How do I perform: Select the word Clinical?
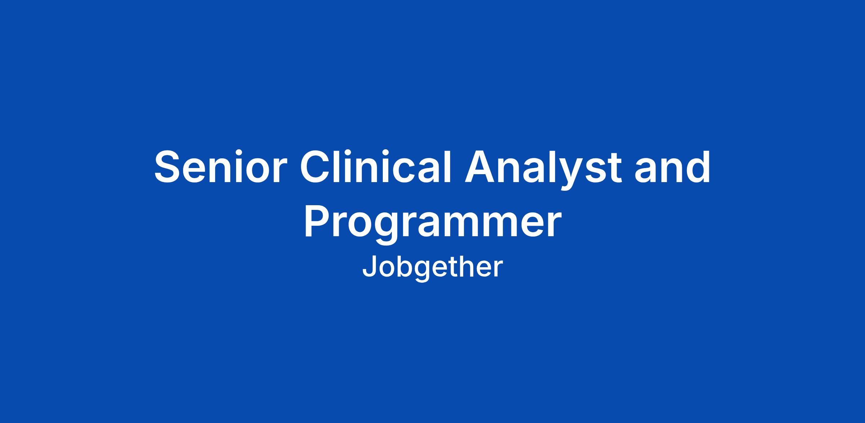click(376, 167)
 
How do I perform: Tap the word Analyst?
click(543, 169)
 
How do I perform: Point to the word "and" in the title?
click(673, 167)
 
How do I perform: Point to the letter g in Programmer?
click(391, 229)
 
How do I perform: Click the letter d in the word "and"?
click(697, 167)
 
